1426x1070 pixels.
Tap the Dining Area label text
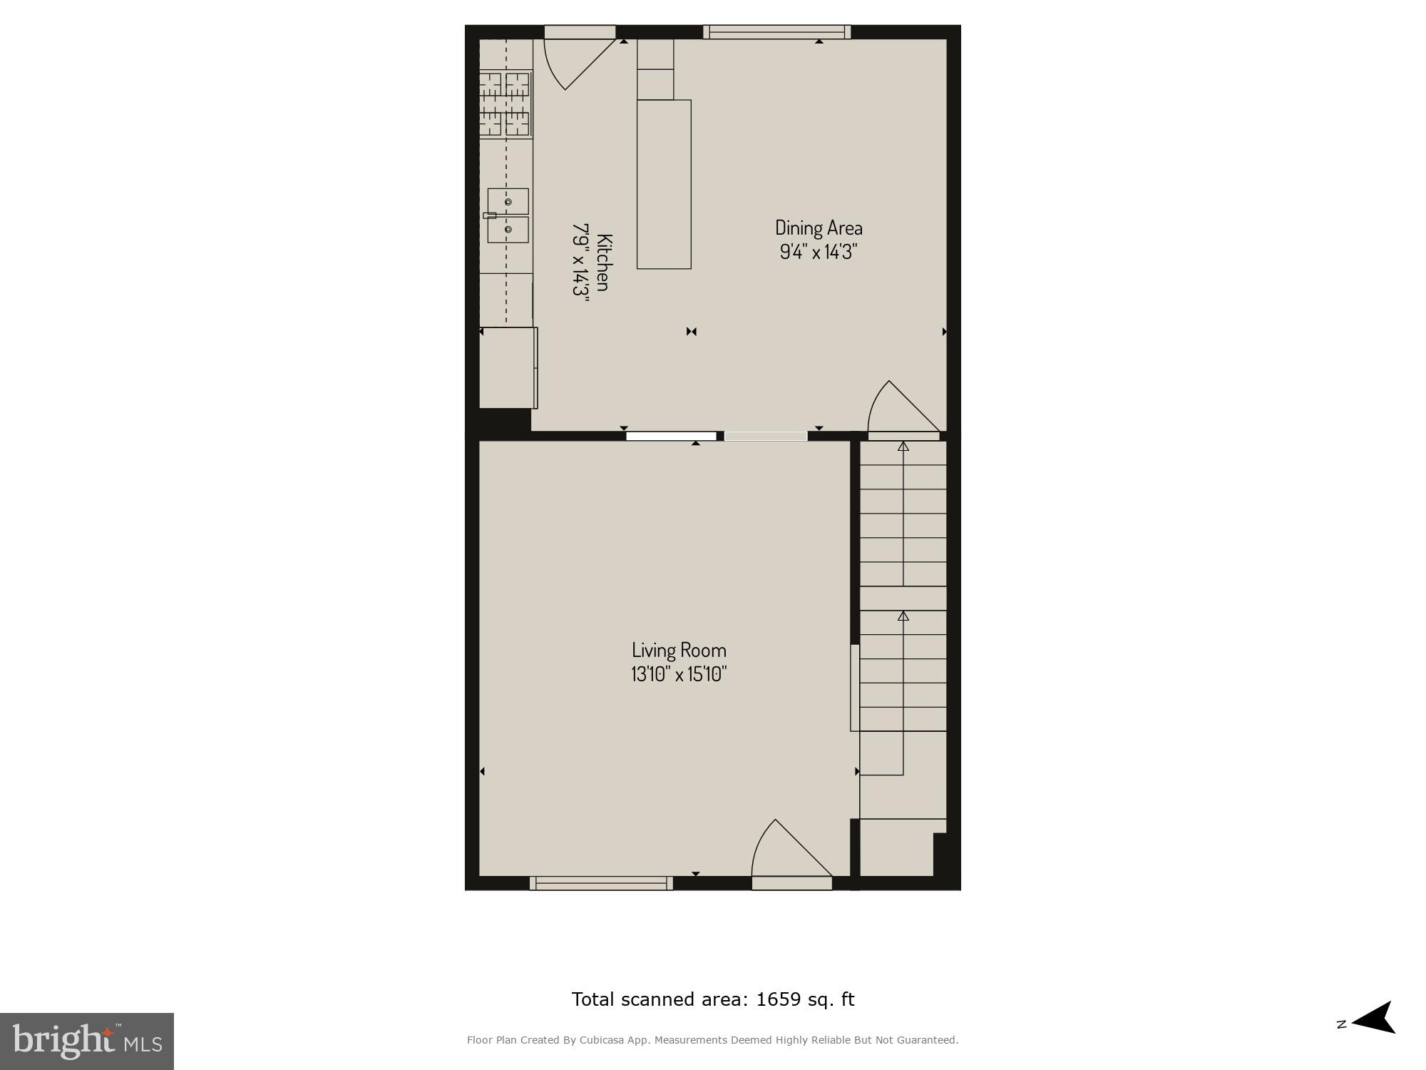(x=819, y=228)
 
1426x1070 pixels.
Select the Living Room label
(x=679, y=650)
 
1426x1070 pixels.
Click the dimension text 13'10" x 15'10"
(x=679, y=674)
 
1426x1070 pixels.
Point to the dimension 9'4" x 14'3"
(x=819, y=252)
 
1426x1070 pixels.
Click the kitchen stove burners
(x=505, y=103)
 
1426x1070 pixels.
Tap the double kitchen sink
(x=508, y=215)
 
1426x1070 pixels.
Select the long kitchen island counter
(x=664, y=184)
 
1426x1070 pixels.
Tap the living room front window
(x=601, y=883)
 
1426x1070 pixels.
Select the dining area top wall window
(x=777, y=31)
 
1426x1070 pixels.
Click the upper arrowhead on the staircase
(x=903, y=447)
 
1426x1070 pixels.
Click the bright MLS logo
(x=87, y=1041)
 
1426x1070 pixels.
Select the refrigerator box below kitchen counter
(x=508, y=367)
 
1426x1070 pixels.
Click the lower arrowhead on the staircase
(x=903, y=616)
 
